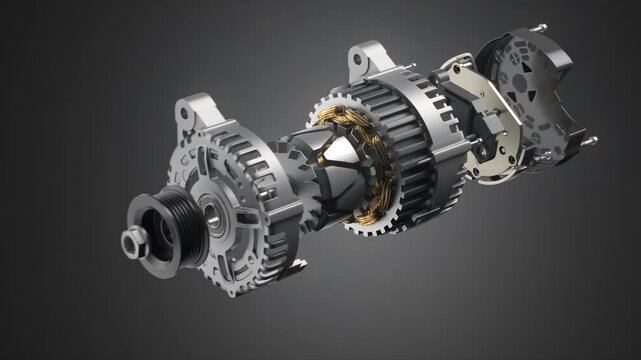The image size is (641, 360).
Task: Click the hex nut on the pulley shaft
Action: (132, 241)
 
